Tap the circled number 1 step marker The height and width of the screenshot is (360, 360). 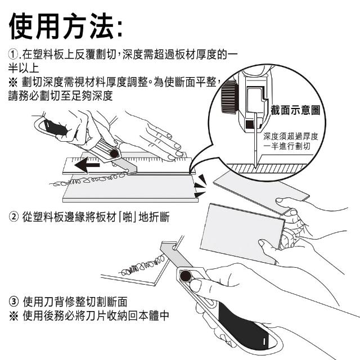click(x=13, y=54)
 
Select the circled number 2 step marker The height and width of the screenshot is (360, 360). click(x=13, y=217)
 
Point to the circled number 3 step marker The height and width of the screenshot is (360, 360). click(x=13, y=301)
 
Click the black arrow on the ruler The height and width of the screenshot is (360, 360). click(x=87, y=165)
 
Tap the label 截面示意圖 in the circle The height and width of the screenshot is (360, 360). click(x=295, y=110)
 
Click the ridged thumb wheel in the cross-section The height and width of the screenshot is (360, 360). click(x=229, y=97)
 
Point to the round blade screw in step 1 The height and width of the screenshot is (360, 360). click(x=114, y=153)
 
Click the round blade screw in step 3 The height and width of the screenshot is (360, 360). click(x=186, y=276)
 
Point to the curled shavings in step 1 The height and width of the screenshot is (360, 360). click(x=87, y=179)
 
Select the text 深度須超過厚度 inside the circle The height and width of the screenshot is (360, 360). click(x=291, y=136)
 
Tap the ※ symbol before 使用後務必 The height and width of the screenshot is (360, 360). click(x=13, y=316)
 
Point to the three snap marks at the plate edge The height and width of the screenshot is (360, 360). click(x=200, y=186)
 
